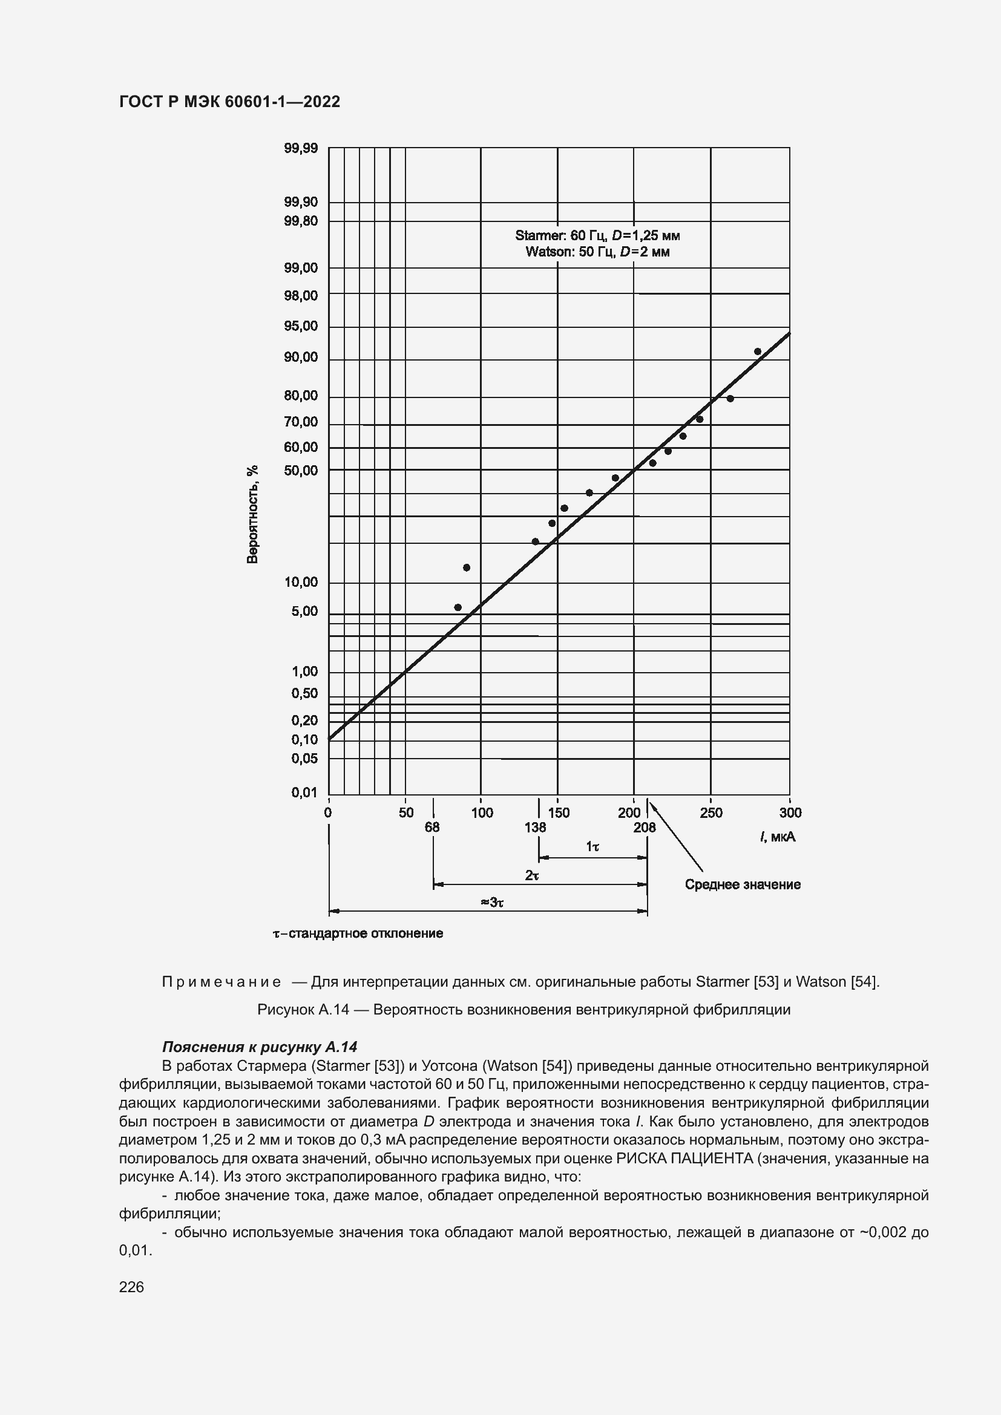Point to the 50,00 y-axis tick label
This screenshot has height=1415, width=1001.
[301, 471]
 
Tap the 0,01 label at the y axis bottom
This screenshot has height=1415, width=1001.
[304, 792]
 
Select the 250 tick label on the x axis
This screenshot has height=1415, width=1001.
[711, 813]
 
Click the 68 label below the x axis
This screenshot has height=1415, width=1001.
[432, 828]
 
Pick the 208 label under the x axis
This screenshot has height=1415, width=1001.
[645, 828]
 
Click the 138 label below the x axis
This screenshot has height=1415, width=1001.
[536, 828]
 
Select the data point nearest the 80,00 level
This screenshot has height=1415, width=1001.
[730, 399]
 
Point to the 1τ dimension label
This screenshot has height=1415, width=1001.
[592, 848]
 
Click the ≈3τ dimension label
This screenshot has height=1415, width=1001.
[492, 903]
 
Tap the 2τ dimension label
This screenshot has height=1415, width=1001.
[532, 875]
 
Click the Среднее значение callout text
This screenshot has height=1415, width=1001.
[742, 885]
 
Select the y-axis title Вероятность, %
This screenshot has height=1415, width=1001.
[252, 515]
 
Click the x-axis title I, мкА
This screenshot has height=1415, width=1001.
[777, 837]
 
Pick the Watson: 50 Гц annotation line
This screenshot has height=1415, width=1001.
[597, 252]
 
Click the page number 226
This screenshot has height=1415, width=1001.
[131, 1287]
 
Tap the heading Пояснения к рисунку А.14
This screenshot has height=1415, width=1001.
[260, 1047]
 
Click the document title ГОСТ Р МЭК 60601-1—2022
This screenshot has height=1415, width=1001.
[229, 102]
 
